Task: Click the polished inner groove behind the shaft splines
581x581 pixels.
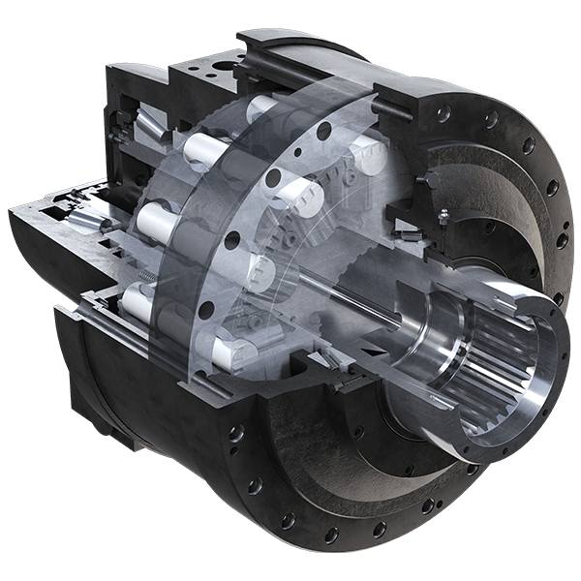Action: (426, 339)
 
